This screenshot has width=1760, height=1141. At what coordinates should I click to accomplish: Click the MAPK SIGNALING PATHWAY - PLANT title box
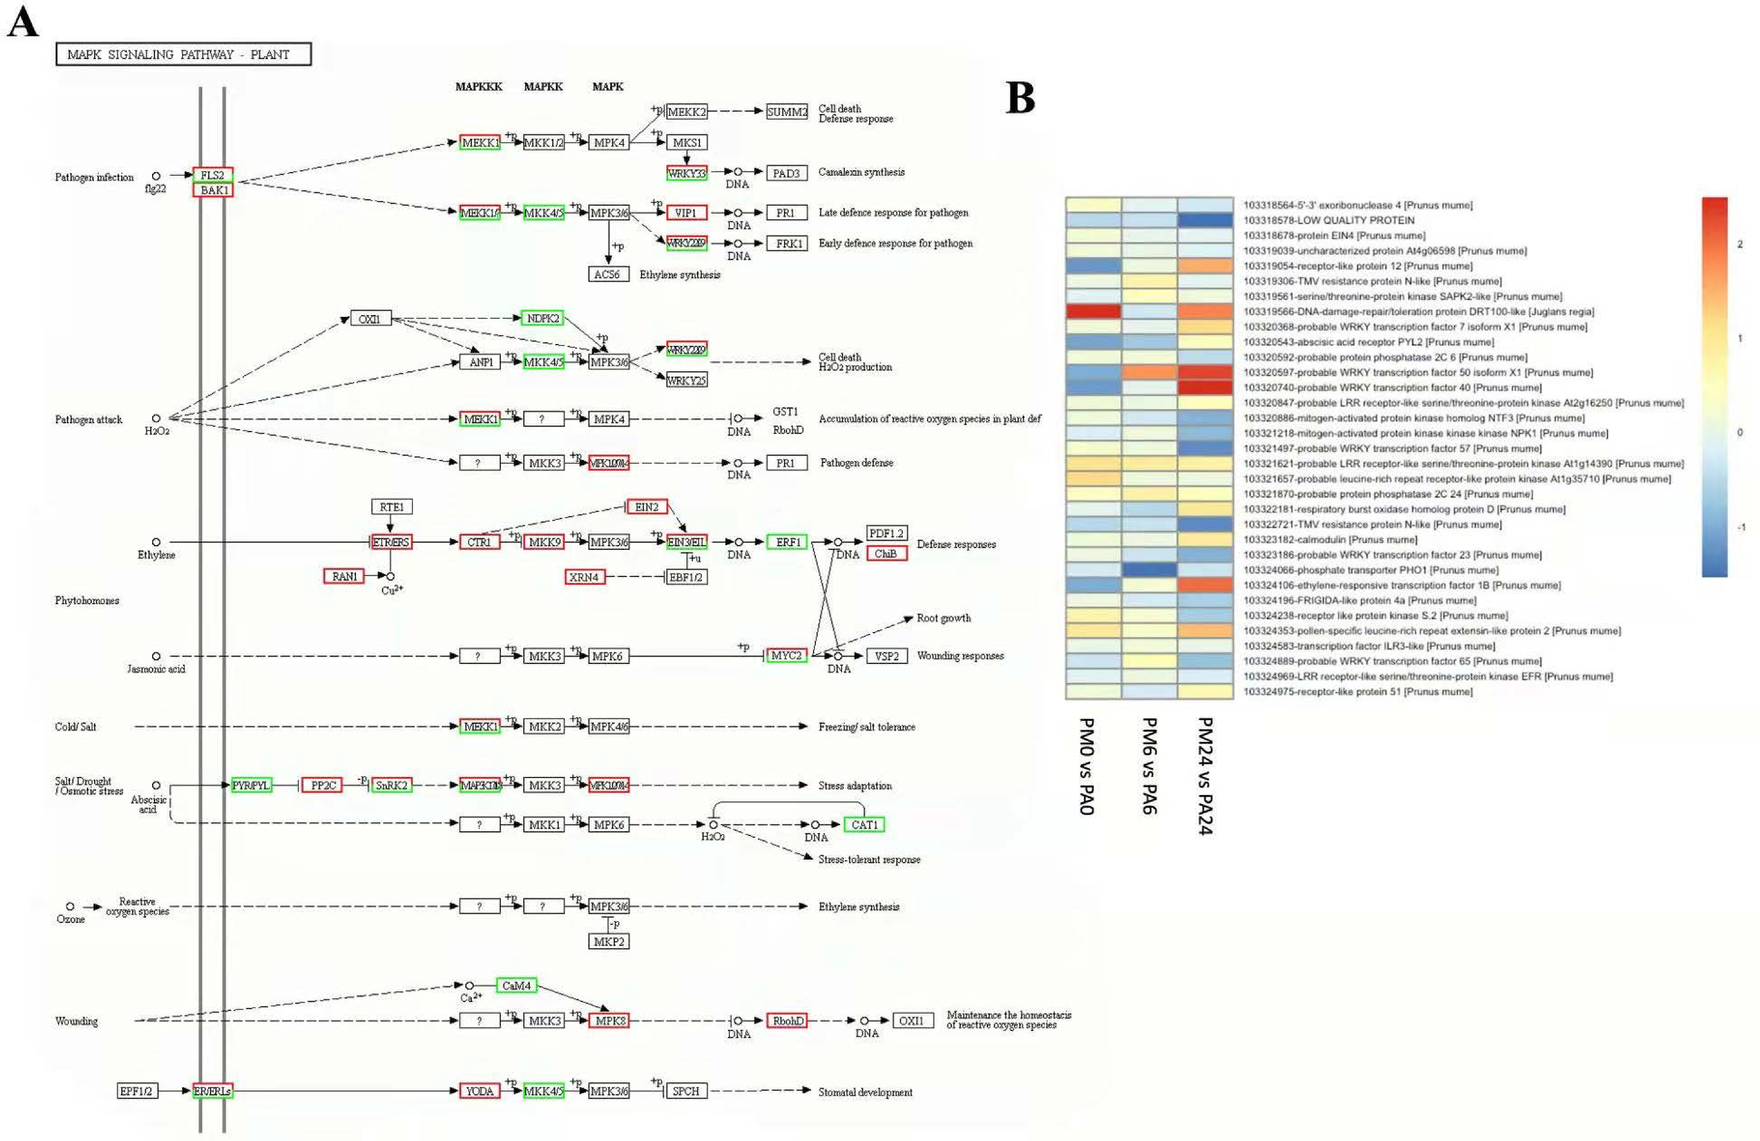coord(183,54)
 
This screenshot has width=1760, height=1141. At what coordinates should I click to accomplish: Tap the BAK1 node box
coord(213,190)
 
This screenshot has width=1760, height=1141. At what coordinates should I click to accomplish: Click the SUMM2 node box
coord(787,112)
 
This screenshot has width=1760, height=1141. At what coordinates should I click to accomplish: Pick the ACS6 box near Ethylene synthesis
coord(608,274)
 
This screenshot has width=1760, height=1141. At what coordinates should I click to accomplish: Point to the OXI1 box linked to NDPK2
coord(370,319)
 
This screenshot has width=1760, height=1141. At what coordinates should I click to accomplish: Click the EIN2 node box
coord(646,506)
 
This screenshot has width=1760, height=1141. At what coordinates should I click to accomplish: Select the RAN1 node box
coord(344,576)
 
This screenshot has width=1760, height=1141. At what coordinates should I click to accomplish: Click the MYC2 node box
coord(786,655)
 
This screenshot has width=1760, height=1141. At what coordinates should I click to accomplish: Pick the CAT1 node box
coord(864,824)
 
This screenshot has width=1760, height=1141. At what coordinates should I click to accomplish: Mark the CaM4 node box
coord(516,986)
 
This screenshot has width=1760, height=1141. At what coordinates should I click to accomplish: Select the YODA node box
coord(479,1091)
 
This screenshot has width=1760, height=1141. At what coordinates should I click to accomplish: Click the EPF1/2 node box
coord(137,1091)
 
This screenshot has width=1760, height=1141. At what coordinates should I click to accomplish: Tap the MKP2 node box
coord(609,941)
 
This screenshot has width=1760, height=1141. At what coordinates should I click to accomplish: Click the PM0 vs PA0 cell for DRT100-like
coord(1093,311)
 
